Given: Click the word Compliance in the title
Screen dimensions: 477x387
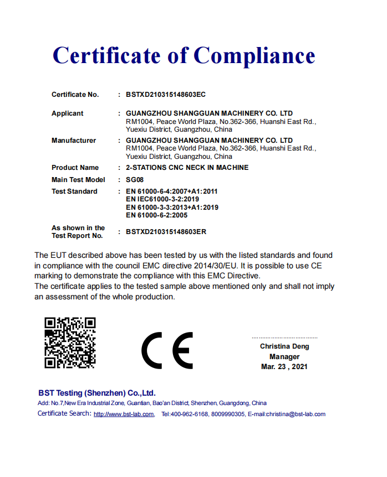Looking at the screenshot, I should coord(254,56).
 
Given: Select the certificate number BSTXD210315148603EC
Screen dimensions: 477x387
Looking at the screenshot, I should coord(166,95).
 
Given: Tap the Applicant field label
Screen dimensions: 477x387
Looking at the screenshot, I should coord(67,113).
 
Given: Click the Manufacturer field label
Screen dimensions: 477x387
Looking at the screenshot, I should coord(73,141).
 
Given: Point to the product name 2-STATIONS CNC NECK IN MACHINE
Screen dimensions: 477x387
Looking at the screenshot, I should coord(187,168).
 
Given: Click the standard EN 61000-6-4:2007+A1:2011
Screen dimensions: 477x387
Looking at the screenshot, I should coord(172,191).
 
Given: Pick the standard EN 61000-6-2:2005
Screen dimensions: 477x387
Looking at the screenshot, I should coord(157,215).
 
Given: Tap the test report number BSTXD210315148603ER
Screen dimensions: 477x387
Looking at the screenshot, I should coord(166,232).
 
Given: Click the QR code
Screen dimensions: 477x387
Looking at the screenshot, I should coord(70,343).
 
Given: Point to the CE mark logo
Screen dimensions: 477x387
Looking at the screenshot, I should coord(167,351).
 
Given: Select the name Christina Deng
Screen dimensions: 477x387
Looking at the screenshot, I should coord(284,346).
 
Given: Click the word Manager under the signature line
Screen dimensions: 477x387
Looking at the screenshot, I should coord(284,356).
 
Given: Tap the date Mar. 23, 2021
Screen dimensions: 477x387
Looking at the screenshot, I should coord(284,366).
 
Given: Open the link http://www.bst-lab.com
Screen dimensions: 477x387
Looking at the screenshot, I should coord(124,414).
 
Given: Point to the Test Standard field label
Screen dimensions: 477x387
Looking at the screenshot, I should coord(74,191).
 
